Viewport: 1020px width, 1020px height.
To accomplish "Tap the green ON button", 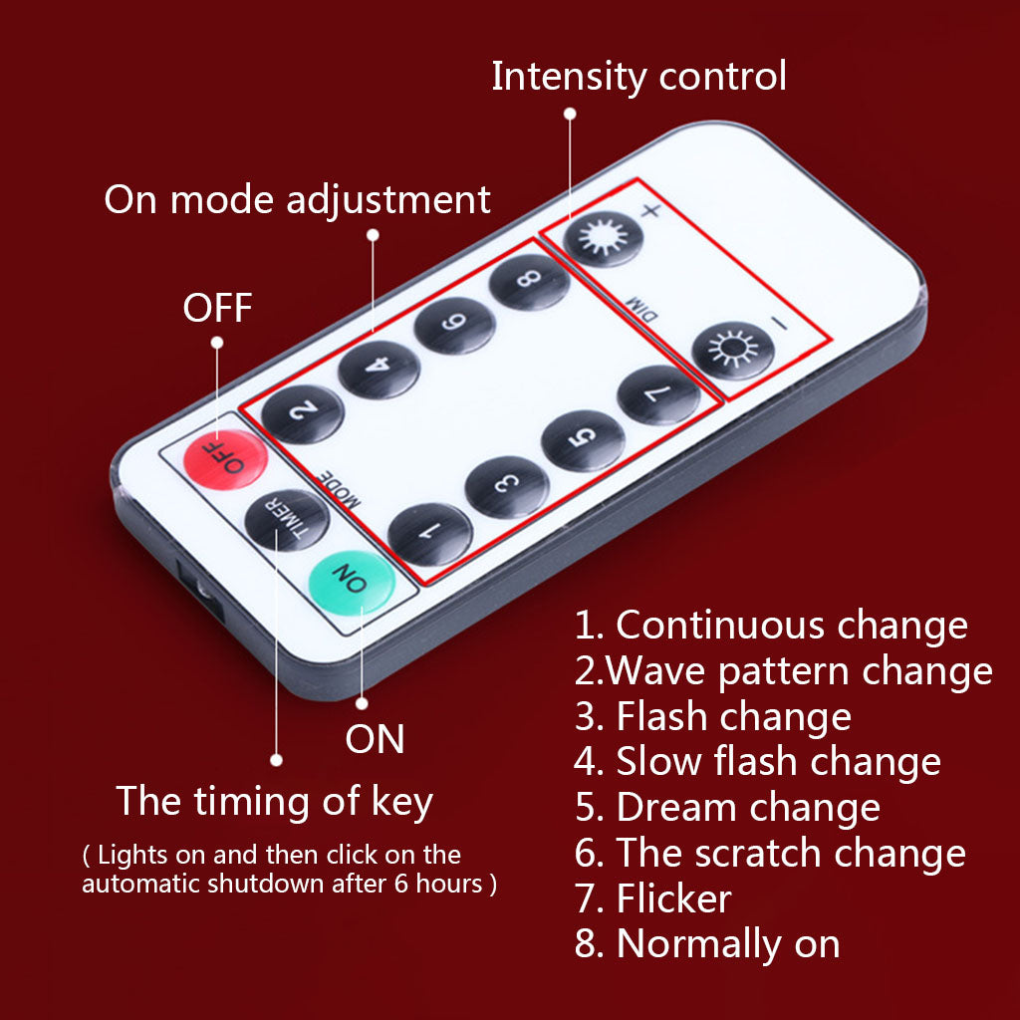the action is (x=352, y=582).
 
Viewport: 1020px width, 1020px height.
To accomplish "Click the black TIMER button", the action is (x=287, y=520).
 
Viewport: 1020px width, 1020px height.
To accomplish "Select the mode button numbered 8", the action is (x=529, y=282).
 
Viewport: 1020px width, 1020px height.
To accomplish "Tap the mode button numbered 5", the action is (x=583, y=440).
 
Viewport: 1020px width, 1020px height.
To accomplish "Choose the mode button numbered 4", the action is (x=380, y=369).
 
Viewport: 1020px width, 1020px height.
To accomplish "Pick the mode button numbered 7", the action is (x=658, y=394).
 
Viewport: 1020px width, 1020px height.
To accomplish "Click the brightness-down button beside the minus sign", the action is (x=733, y=351).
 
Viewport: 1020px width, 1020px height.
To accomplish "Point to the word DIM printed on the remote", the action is (x=642, y=309).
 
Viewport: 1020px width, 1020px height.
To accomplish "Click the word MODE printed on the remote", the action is (x=339, y=489).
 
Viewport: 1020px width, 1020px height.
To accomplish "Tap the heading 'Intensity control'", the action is (x=638, y=77).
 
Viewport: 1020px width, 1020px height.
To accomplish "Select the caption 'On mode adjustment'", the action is (x=297, y=199).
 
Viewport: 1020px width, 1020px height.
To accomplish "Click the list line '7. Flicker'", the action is (x=653, y=898).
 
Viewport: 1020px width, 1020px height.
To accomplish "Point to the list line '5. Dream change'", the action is (x=727, y=807).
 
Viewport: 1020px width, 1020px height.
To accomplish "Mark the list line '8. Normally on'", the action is (x=707, y=944).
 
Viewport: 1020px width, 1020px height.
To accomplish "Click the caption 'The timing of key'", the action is (x=275, y=802).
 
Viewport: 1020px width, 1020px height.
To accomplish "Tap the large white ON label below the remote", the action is (x=375, y=739).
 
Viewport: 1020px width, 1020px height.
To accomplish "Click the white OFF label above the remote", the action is (x=217, y=308).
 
